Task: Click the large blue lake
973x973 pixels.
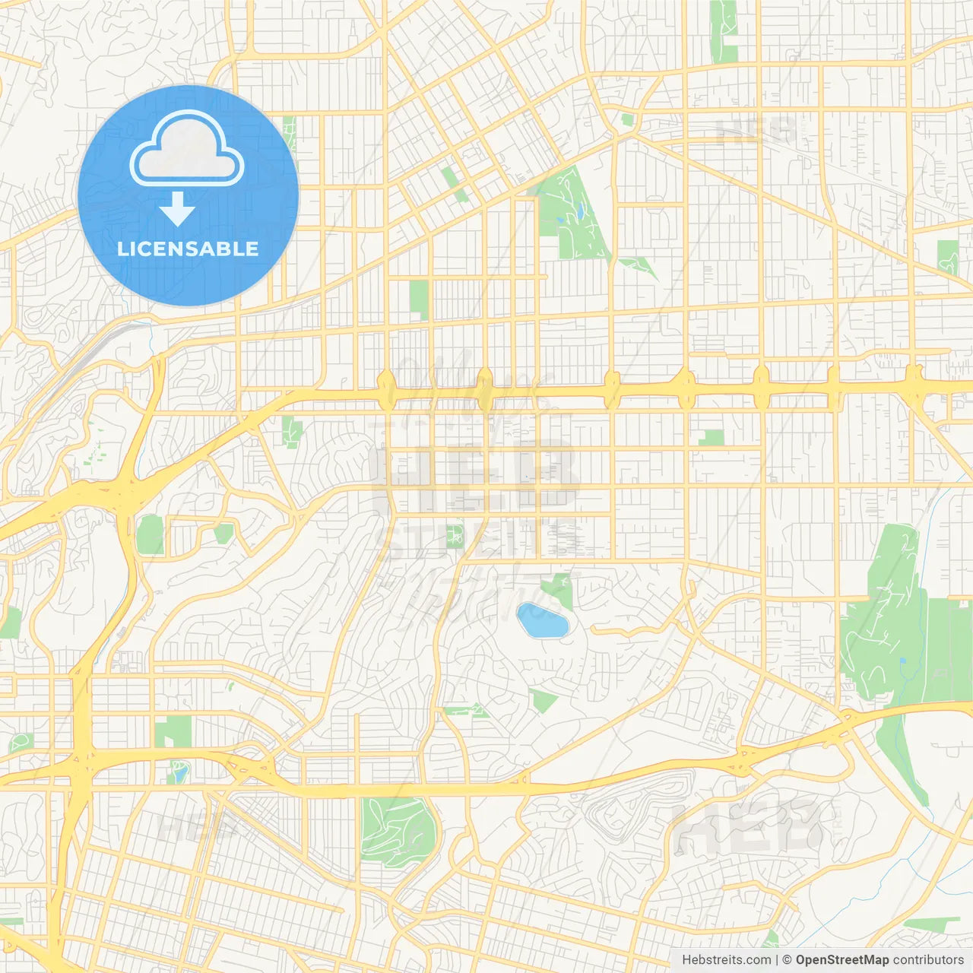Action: pos(542,620)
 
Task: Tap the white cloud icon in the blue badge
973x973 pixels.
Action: pos(187,149)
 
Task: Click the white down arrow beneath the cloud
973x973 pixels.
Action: pos(178,209)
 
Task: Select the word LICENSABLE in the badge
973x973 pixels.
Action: pos(188,249)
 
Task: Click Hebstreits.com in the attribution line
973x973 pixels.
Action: pos(726,960)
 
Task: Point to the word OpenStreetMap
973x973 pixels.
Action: pos(841,960)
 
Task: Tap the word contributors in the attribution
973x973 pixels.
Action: pos(928,960)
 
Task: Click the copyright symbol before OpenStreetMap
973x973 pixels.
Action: pos(787,960)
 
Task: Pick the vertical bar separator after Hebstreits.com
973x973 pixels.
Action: pos(777,960)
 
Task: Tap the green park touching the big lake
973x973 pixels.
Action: pos(559,590)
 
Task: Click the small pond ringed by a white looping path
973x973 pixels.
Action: pos(180,774)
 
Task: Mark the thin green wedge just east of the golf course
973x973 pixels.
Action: pos(639,265)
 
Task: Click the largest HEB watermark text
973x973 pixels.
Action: pos(475,471)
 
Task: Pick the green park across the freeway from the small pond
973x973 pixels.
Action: pos(173,731)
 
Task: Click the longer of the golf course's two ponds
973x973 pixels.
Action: pos(579,209)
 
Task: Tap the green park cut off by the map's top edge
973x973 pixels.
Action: pos(724,30)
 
